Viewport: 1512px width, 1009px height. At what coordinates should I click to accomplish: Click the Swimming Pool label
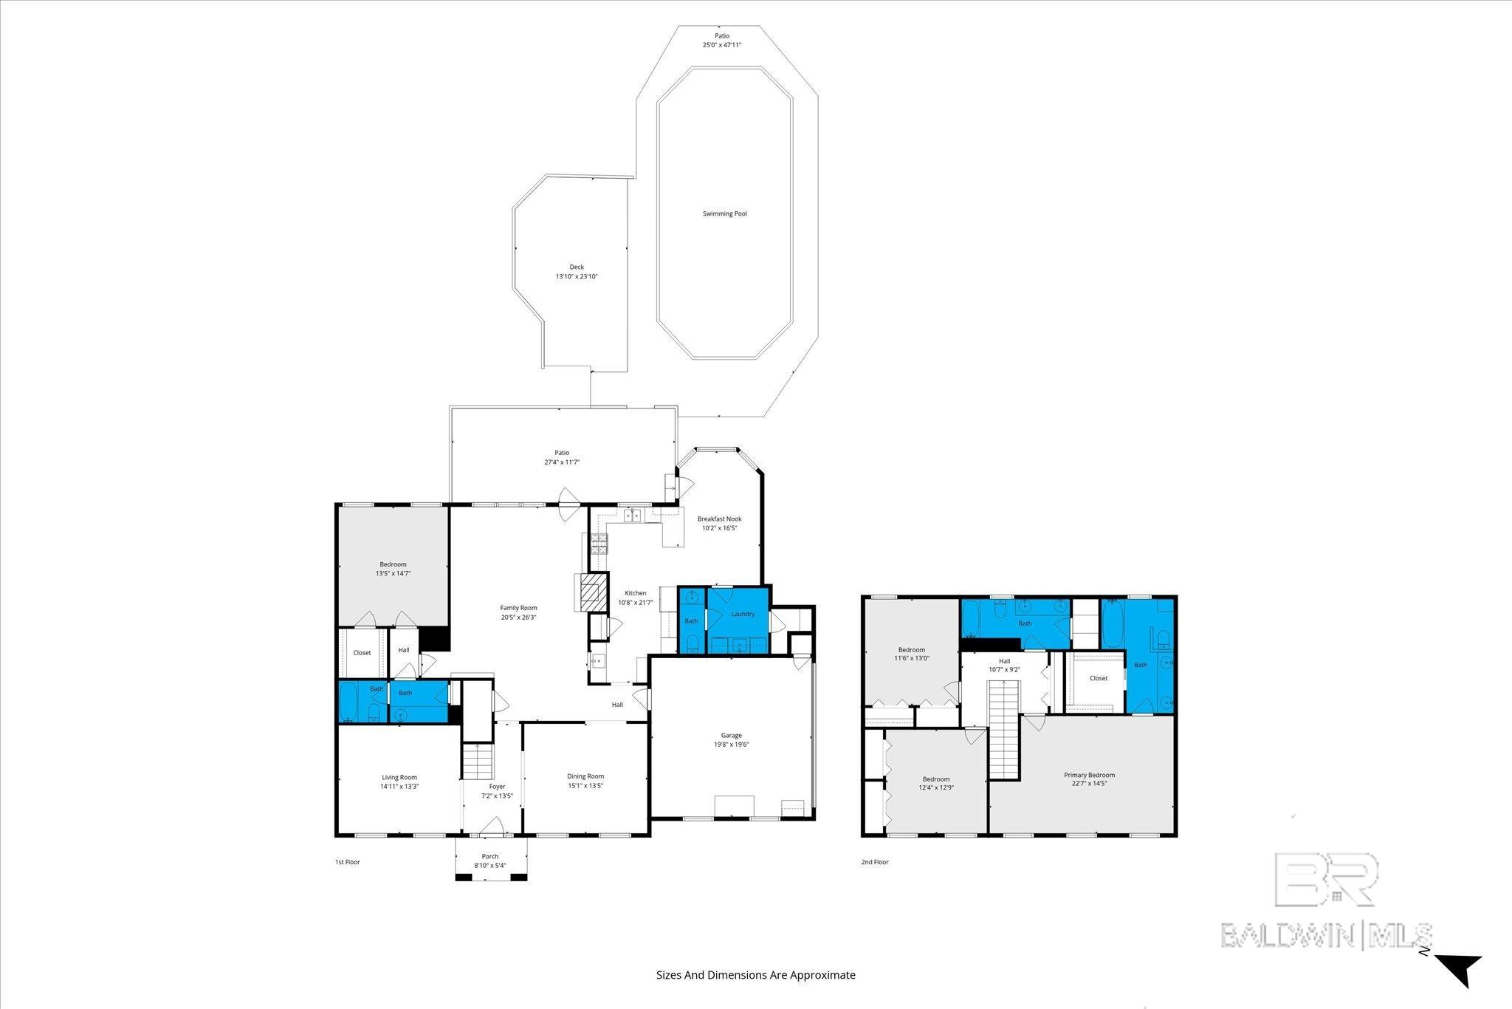[x=724, y=214]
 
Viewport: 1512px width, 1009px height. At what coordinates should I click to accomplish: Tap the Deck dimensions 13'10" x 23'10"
[x=577, y=277]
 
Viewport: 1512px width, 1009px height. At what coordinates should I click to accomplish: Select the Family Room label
[x=518, y=608]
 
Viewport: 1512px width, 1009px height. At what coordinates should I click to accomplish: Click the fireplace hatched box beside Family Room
[x=591, y=592]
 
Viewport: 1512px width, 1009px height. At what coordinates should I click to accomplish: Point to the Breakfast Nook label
[x=719, y=519]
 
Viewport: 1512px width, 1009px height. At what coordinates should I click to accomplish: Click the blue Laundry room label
[x=743, y=614]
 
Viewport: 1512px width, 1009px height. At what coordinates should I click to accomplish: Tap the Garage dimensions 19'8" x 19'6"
[x=731, y=745]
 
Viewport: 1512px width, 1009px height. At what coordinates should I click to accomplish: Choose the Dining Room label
[x=585, y=776]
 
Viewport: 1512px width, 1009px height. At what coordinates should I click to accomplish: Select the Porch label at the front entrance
[x=490, y=856]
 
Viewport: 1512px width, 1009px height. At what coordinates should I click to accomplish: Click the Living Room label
[x=399, y=777]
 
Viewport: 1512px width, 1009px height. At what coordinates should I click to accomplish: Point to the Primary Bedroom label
[x=1089, y=775]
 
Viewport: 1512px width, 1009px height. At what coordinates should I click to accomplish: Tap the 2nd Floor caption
[x=875, y=862]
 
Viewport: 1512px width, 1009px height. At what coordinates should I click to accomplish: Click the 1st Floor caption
[x=347, y=862]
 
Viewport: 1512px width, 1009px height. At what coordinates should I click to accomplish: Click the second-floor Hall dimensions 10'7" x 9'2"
[x=1004, y=670]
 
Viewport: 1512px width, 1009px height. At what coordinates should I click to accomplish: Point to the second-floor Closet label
[x=1099, y=678]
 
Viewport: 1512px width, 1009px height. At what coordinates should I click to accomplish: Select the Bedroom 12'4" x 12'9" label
[x=935, y=784]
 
